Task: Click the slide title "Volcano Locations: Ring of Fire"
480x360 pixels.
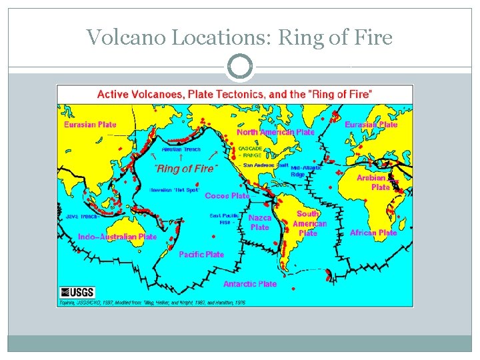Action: click(x=239, y=37)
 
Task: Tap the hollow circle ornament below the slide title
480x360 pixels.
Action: click(x=239, y=67)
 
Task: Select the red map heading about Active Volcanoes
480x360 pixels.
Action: click(x=235, y=94)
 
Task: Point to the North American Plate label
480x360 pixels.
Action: click(x=276, y=132)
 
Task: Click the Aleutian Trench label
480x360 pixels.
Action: click(x=181, y=149)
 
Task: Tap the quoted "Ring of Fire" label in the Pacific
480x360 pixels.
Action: click(x=185, y=169)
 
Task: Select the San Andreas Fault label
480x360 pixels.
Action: click(x=265, y=165)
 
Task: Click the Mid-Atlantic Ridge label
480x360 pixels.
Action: click(x=306, y=171)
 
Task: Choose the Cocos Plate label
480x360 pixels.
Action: click(x=227, y=196)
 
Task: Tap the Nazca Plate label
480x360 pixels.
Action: click(x=260, y=223)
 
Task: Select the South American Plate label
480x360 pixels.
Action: click(x=309, y=223)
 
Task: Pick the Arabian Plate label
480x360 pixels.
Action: click(x=375, y=183)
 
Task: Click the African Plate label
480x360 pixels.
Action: click(x=373, y=233)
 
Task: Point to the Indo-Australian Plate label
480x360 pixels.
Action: click(x=117, y=237)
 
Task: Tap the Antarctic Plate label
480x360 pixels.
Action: click(x=250, y=284)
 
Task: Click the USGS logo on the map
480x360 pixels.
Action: click(x=77, y=292)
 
